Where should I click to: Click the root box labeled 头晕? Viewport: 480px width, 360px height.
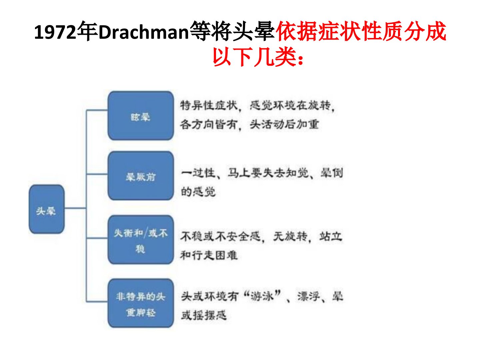47,209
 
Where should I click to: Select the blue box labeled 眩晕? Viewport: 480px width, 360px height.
141,116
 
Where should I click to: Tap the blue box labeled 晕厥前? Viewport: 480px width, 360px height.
141,176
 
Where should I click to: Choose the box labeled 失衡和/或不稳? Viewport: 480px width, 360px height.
141,240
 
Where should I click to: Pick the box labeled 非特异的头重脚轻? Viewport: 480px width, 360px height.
141,303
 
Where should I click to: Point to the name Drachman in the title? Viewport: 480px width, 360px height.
144,32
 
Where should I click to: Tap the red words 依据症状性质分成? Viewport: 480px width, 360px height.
361,31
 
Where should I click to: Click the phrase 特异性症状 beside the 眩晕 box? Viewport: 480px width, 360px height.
209,106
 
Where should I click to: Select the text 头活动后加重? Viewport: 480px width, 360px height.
284,124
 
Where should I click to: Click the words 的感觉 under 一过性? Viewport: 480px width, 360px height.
198,192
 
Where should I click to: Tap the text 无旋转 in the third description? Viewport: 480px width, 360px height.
290,236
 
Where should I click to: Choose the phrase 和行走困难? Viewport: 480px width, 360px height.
209,255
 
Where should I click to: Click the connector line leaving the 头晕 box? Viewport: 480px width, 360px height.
75,208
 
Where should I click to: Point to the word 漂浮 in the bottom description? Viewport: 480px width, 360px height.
308,296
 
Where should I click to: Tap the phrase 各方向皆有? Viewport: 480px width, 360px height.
209,124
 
